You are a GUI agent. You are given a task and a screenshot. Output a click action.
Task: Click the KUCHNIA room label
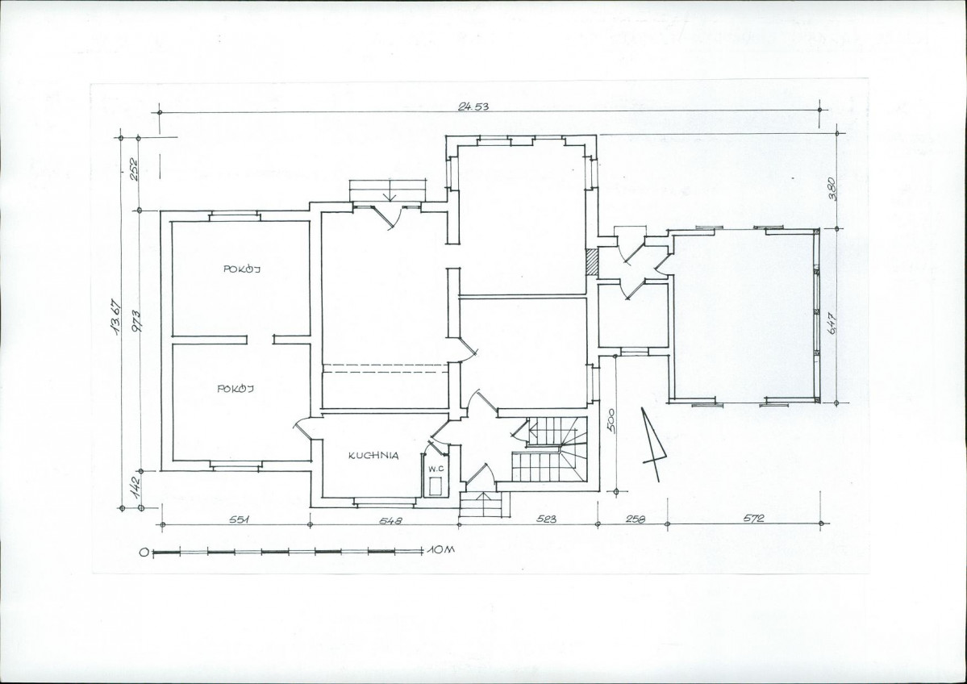[373, 456]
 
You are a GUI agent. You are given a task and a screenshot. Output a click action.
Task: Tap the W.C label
[436, 469]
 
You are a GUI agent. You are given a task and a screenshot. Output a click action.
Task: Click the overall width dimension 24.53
[473, 106]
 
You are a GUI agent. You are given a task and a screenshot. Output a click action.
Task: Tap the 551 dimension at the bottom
[240, 519]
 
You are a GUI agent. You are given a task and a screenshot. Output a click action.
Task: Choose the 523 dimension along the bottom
[546, 519]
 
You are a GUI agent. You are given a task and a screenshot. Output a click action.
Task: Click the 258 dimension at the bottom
[636, 519]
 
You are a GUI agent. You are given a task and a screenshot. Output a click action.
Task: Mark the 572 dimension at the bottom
[753, 519]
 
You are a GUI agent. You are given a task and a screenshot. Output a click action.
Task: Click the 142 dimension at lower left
[136, 482]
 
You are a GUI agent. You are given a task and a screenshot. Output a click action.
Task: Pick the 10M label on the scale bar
[439, 549]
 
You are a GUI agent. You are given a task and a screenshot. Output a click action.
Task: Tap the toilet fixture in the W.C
[436, 486]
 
